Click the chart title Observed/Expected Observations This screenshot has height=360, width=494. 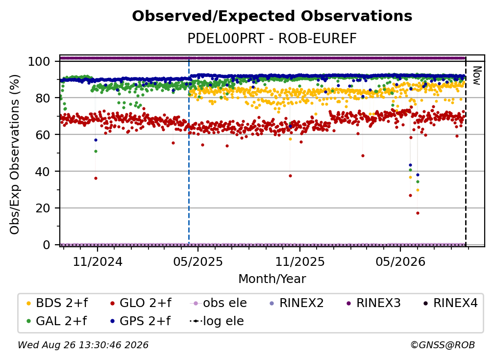(x=272, y=16)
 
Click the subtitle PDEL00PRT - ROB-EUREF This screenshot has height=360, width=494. (x=272, y=39)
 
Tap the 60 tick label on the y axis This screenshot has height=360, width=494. (x=43, y=134)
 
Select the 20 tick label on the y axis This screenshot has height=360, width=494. (x=43, y=208)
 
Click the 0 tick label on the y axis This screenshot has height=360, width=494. (x=47, y=245)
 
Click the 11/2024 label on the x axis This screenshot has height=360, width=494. (x=98, y=261)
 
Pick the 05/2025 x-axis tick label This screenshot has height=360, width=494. (x=198, y=261)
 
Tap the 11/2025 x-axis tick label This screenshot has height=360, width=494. (x=300, y=261)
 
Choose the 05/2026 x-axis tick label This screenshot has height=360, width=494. (x=400, y=261)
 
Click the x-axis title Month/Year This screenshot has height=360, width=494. (x=272, y=279)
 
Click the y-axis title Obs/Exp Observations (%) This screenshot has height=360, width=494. (x=15, y=154)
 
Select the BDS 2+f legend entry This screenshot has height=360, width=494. (x=57, y=303)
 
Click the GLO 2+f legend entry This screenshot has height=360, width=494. (x=141, y=303)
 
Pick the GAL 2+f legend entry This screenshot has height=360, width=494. (x=57, y=321)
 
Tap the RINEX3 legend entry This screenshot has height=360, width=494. (x=373, y=303)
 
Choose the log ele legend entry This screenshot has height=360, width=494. (x=217, y=321)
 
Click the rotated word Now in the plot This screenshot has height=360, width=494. (x=477, y=76)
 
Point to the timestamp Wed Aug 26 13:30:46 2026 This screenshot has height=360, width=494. (x=83, y=345)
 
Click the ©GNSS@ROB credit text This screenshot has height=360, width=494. (x=443, y=345)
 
